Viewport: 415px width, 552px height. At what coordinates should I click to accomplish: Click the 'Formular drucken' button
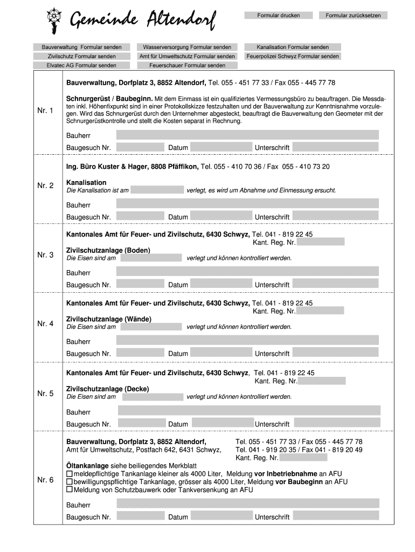point(278,15)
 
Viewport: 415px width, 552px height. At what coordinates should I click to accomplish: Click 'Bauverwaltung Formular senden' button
point(81,47)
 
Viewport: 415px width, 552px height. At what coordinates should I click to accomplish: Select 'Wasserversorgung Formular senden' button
point(187,47)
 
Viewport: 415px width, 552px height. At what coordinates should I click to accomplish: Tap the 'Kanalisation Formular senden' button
point(293,47)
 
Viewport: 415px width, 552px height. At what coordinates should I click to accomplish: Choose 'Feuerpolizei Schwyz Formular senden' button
point(293,56)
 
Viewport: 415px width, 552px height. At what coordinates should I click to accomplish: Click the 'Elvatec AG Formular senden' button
point(81,65)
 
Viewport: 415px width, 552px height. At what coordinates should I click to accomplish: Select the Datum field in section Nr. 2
point(221,217)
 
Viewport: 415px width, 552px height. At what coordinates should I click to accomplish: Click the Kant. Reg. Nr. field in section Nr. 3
point(320,242)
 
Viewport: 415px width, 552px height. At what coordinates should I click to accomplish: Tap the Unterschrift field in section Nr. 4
point(335,353)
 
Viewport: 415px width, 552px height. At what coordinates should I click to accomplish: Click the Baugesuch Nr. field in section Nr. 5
point(141,424)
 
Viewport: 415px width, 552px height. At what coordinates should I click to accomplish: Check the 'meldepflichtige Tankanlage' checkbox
point(69,473)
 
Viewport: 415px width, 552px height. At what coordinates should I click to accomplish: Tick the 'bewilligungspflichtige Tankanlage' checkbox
point(69,481)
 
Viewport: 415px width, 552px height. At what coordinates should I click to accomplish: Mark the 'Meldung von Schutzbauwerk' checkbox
point(69,489)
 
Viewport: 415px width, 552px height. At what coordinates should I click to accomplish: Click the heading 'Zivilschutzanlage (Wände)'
point(108,319)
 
